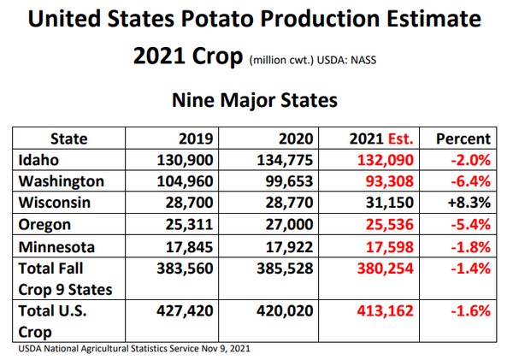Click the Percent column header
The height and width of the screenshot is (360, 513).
[463, 139]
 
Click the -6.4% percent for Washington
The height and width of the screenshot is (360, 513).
[468, 180]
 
